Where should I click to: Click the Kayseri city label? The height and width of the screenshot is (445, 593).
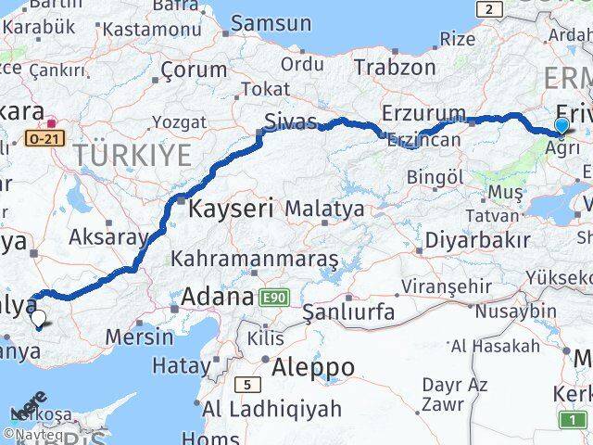coord(231,209)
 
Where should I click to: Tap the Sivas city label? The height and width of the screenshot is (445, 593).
coord(291,121)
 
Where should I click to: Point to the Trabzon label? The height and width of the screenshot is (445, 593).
coord(394,67)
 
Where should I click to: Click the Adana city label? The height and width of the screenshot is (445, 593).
coord(218,298)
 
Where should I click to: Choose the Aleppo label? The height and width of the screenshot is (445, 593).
coord(312,367)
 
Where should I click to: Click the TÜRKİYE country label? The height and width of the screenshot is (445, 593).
coord(132,154)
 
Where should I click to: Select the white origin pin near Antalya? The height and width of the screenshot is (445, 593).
coord(38,319)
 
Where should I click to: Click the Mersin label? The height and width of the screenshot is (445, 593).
coord(139,336)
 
